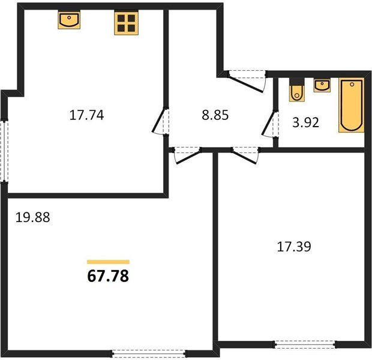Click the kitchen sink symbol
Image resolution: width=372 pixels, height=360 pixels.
click(69, 20)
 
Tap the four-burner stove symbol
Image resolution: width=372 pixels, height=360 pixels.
click(126, 23)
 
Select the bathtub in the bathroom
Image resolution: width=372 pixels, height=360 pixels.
click(352, 105)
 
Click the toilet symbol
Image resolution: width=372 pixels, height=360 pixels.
click(296, 90)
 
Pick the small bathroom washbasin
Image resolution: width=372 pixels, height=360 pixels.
click(322, 85)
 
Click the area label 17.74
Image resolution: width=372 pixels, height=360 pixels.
click(86, 115)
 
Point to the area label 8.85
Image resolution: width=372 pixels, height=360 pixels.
click(215, 115)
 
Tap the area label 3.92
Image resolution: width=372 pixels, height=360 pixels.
click(305, 122)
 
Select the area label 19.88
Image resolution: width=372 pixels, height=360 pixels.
click(33, 217)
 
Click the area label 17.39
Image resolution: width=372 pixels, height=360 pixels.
click(294, 247)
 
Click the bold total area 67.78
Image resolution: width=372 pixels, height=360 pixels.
click(108, 276)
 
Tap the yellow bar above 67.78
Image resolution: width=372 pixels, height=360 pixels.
click(108, 262)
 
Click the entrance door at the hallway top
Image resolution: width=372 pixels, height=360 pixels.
click(247, 81)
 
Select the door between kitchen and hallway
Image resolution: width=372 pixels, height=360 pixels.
click(160, 121)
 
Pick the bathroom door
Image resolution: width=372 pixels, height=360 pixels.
click(270, 124)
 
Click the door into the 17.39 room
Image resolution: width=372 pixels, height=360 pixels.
click(245, 155)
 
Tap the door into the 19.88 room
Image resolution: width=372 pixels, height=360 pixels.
click(187, 155)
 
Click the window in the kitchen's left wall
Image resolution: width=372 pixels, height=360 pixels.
click(4, 151)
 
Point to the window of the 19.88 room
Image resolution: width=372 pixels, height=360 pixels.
click(149, 353)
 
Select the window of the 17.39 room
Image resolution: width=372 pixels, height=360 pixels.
click(305, 344)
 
